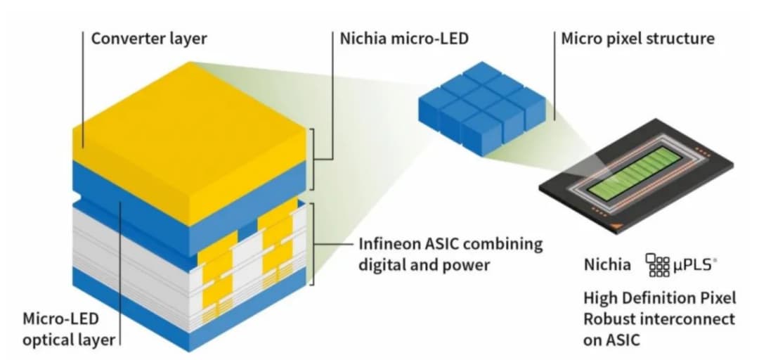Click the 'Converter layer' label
(148, 38)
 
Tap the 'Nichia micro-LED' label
(403, 38)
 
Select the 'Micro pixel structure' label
(637, 38)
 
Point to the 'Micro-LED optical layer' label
(68, 330)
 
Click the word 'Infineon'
(390, 245)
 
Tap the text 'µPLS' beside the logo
(696, 265)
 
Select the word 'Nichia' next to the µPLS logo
(607, 265)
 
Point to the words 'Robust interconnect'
(659, 319)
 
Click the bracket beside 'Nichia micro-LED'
(320, 159)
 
